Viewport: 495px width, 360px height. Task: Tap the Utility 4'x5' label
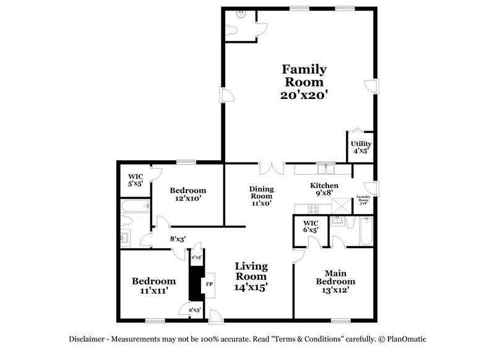click(x=361, y=147)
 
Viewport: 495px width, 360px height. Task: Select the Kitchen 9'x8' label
click(x=324, y=190)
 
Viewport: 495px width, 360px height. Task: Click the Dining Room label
click(x=261, y=195)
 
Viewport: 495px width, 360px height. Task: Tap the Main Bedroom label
click(x=335, y=281)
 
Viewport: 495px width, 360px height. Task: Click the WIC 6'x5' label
click(x=311, y=226)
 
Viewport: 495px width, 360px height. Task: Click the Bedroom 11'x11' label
click(x=150, y=285)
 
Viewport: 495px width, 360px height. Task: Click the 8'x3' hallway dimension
click(x=178, y=238)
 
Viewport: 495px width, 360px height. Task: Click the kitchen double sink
click(x=324, y=169)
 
